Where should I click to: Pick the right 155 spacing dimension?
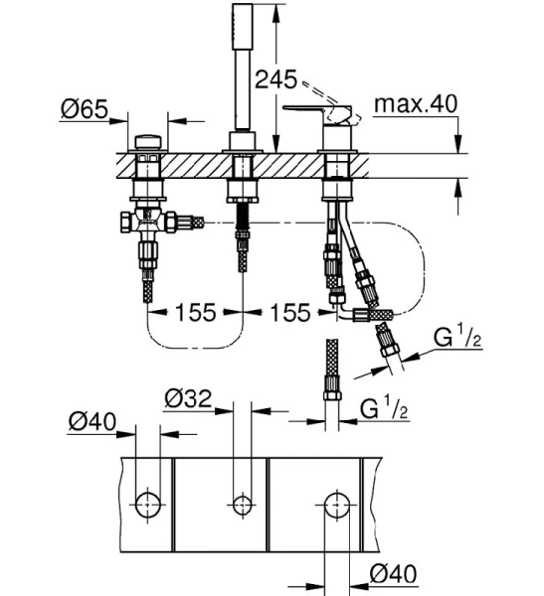click(288, 313)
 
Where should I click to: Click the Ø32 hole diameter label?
click(187, 399)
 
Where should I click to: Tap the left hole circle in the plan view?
click(146, 503)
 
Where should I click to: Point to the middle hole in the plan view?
click(240, 503)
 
